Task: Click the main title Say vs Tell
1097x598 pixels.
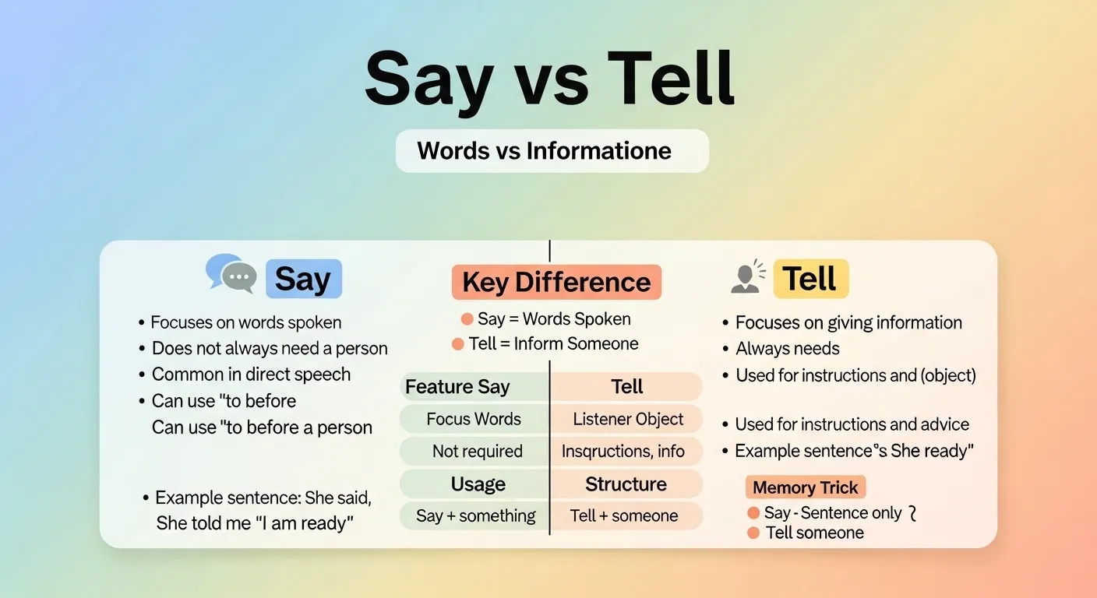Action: coord(549,80)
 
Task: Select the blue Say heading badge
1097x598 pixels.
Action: coord(303,279)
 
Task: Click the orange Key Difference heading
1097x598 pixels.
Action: coord(556,282)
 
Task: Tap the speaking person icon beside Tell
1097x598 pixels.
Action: coord(748,278)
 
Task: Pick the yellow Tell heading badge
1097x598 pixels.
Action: coord(810,279)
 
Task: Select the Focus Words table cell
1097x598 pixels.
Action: coord(474,419)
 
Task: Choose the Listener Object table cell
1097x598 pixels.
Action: coord(627,419)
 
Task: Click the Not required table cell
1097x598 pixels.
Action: coord(477,451)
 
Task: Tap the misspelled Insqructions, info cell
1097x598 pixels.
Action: coord(623,451)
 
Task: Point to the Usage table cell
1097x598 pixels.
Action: coord(478,484)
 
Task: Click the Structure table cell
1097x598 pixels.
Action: coord(626,484)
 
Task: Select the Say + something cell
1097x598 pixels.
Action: coord(475,515)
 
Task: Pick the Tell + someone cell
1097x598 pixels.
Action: coord(624,515)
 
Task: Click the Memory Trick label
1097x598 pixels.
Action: coord(805,488)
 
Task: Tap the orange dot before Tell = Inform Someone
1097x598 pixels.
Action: coord(458,344)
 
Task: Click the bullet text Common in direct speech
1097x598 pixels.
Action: coord(251,375)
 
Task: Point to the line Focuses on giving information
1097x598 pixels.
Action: coord(848,322)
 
